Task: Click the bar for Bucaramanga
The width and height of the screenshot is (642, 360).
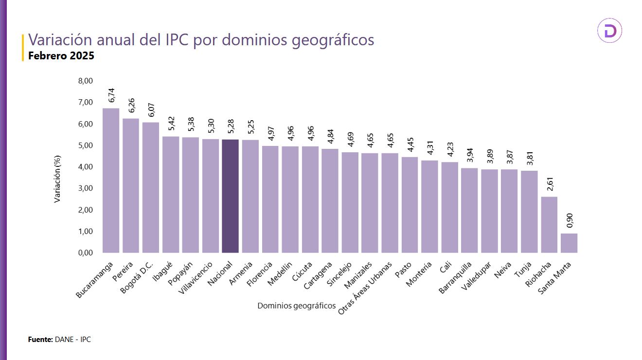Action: (x=111, y=180)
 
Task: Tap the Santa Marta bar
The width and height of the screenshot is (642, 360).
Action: (x=569, y=243)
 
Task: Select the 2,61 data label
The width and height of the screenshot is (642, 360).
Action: (x=550, y=184)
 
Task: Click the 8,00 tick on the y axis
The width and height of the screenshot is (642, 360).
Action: (x=85, y=81)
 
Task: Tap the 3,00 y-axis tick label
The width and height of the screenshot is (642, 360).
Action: (x=85, y=188)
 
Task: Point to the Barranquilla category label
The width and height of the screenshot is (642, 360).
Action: (x=455, y=278)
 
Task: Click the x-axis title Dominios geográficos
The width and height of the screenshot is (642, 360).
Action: (x=296, y=306)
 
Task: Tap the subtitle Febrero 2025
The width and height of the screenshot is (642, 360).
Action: (x=61, y=56)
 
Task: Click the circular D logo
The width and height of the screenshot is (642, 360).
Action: (x=609, y=31)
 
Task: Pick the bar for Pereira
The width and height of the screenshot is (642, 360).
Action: (x=131, y=185)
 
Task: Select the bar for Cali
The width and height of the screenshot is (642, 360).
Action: (x=449, y=207)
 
